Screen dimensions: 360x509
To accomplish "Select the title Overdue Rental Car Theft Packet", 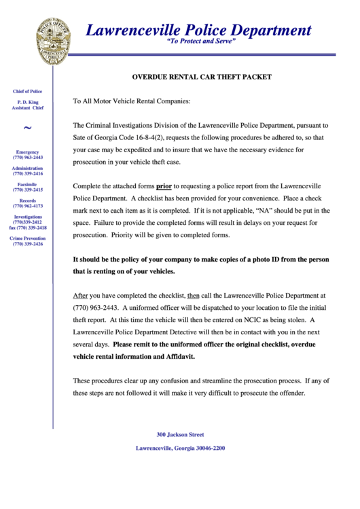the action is pos(201,77).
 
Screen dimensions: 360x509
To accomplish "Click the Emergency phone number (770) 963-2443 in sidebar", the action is pos(28,157).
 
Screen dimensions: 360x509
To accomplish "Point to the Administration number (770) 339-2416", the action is pos(28,173).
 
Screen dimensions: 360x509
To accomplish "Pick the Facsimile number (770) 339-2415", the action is pos(28,190).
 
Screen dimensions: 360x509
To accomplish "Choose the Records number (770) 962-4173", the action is pos(28,206).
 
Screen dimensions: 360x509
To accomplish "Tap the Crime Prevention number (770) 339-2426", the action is pos(28,243).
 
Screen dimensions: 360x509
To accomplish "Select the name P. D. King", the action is pos(28,102).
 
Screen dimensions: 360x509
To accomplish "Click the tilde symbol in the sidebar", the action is pos(27,128).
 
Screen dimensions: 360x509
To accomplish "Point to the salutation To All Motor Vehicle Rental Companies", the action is pos(132,101).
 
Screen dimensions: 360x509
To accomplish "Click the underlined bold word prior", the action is pos(164,186).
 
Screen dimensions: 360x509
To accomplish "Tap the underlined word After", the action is pos(80,296).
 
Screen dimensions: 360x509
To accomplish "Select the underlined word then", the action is pos(193,296).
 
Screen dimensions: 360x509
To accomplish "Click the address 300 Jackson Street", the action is pos(180,434).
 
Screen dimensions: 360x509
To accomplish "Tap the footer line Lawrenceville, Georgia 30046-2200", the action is pos(180,448).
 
